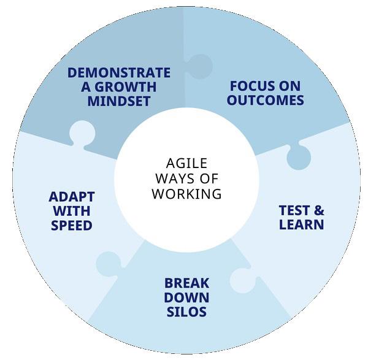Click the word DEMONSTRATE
(x=118, y=73)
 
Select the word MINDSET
(x=118, y=101)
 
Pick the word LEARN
(x=301, y=224)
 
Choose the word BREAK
(x=186, y=284)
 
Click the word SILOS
(x=186, y=312)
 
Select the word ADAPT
(x=72, y=197)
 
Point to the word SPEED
(x=72, y=225)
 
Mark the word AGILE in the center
(x=186, y=163)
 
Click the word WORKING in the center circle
(x=186, y=194)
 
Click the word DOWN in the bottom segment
(x=186, y=298)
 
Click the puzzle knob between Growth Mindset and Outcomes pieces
(x=199, y=66)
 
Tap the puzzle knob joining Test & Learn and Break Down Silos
(x=243, y=280)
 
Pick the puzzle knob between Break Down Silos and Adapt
(x=108, y=264)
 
